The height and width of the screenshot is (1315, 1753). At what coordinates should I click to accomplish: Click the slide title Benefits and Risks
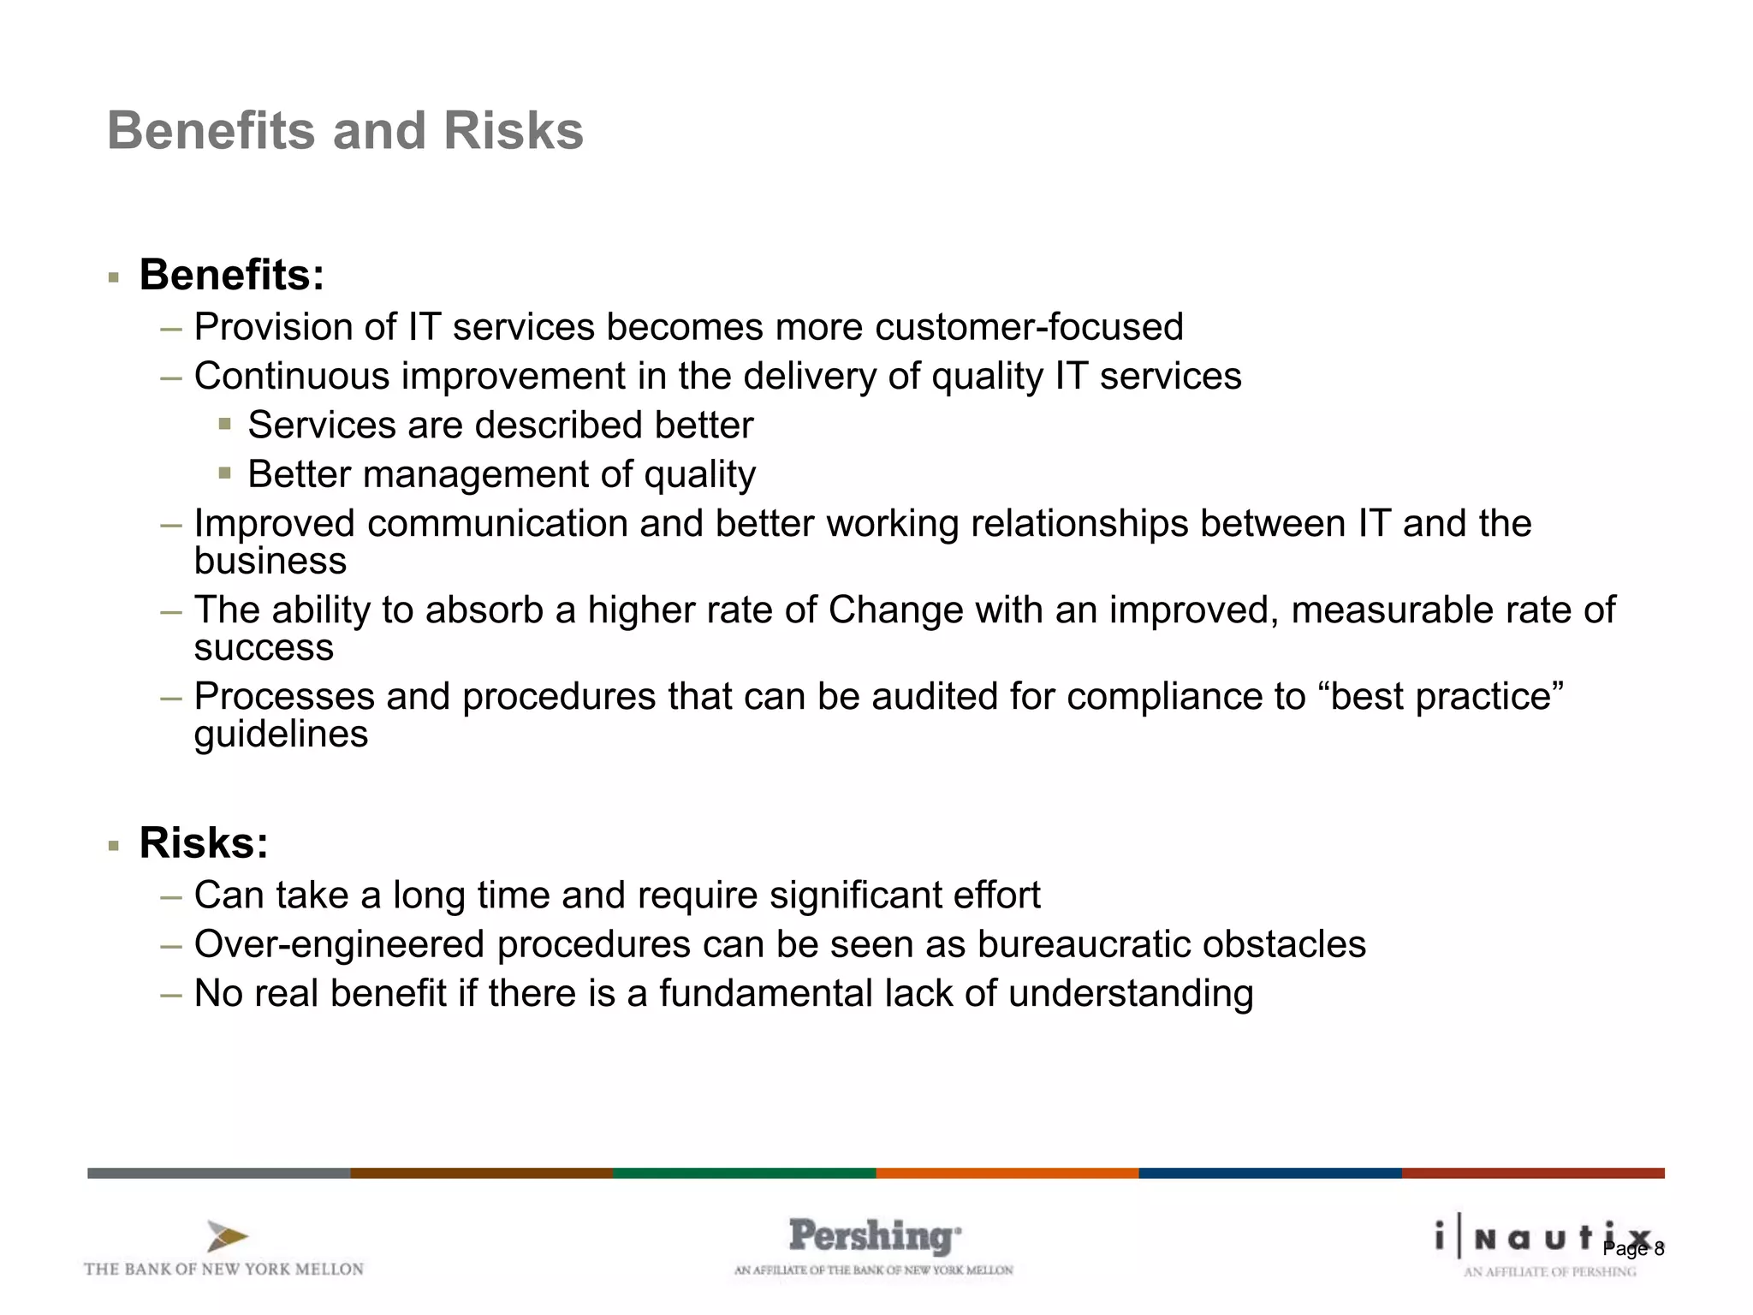(x=345, y=131)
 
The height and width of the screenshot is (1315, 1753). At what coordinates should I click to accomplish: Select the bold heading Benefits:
(x=232, y=275)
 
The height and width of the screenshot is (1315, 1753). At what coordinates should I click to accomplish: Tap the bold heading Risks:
(x=204, y=842)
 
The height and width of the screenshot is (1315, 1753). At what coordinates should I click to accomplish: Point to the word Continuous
(x=292, y=377)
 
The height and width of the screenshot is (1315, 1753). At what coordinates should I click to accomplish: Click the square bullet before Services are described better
(x=225, y=424)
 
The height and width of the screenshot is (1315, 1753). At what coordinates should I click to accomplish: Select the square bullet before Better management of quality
(x=225, y=473)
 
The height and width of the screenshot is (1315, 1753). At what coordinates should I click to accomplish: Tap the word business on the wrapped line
(x=270, y=562)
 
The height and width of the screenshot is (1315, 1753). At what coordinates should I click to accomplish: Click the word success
(x=264, y=648)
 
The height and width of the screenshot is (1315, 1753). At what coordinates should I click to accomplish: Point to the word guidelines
(x=281, y=735)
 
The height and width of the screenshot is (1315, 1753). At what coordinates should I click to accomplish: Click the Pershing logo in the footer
(x=874, y=1237)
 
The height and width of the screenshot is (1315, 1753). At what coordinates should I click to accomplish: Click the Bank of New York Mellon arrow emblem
(x=227, y=1236)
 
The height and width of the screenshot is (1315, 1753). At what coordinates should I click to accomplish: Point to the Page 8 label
(x=1633, y=1249)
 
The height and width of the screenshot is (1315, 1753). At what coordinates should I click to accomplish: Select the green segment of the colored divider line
(x=744, y=1173)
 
